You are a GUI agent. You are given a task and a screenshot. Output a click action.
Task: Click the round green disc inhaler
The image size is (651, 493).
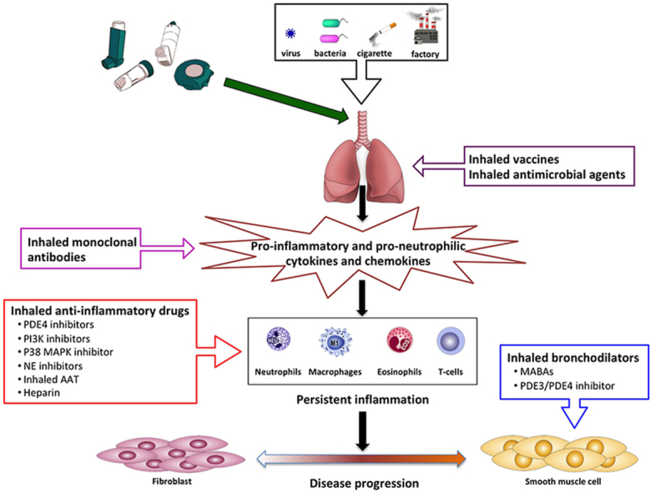(x=199, y=72)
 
